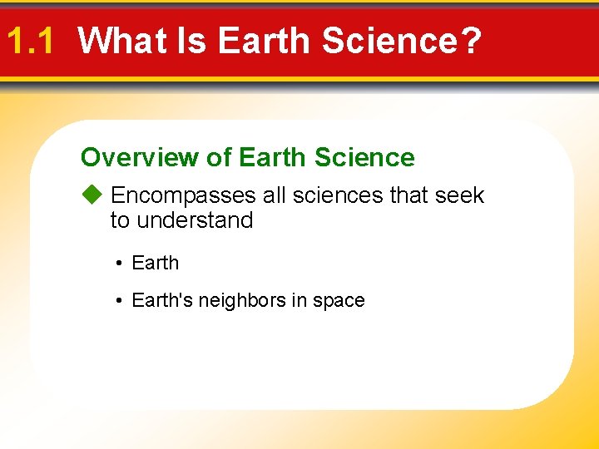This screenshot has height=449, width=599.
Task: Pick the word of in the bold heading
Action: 219,157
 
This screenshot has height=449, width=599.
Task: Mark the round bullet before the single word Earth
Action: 121,264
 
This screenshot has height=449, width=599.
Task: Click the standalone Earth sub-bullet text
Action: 156,263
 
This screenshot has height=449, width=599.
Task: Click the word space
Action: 339,301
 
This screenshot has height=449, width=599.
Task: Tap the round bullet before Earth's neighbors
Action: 121,301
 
